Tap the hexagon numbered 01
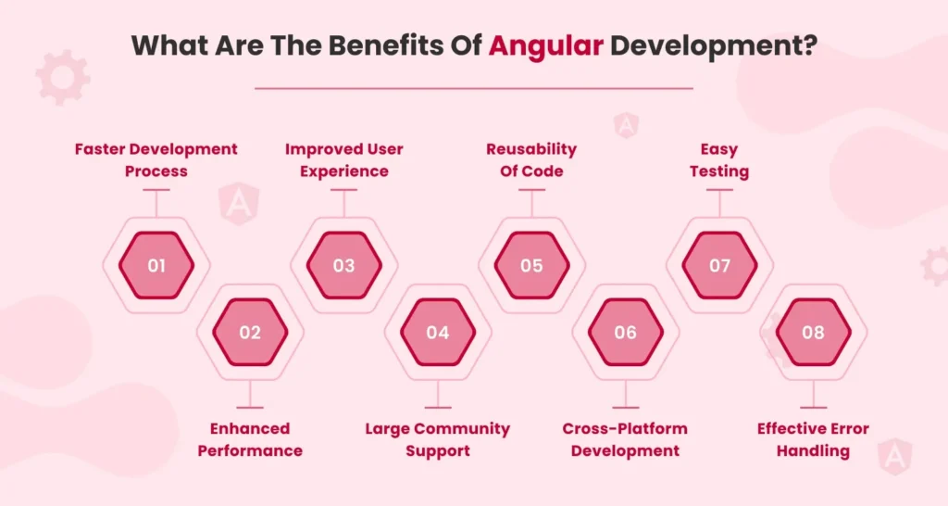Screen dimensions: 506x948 tap(156, 266)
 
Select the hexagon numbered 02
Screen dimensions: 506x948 tap(250, 333)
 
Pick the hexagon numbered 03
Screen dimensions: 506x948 tap(343, 266)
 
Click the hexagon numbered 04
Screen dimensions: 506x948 tap(438, 333)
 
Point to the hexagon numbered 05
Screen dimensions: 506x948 tap(531, 266)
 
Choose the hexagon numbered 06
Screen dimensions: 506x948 tap(625, 333)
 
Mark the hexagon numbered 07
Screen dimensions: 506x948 tap(719, 266)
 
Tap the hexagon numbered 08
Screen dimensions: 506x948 tap(813, 333)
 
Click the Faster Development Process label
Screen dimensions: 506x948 tap(156, 159)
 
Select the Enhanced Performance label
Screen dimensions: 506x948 tap(250, 439)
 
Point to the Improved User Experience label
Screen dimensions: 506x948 tap(343, 159)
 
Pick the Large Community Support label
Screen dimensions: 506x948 tap(438, 439)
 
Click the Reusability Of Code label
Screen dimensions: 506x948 tap(531, 159)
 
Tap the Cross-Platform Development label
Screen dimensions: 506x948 tap(625, 439)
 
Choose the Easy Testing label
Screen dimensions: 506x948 tap(719, 159)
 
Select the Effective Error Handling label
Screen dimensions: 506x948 tap(813, 439)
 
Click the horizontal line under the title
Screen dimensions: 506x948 tap(473, 88)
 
